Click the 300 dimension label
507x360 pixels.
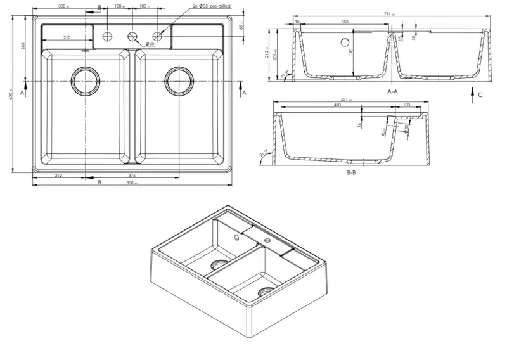62,6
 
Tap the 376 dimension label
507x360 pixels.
132,176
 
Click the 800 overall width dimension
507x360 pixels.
131,184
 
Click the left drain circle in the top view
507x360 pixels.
86,81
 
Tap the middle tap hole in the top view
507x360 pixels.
132,35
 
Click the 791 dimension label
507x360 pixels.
387,14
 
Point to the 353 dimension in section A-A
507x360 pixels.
345,22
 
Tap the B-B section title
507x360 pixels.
351,173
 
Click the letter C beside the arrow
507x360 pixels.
480,95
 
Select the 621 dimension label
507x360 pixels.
344,100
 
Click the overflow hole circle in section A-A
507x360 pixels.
345,44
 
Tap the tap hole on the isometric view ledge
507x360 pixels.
265,241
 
